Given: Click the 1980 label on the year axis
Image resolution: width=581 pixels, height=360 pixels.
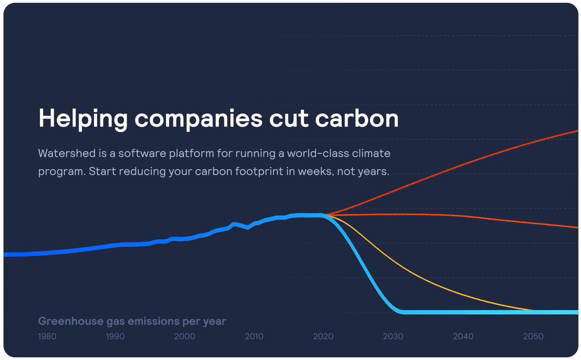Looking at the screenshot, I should pyautogui.click(x=47, y=336).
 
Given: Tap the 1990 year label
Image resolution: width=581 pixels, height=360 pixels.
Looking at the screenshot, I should pyautogui.click(x=115, y=336).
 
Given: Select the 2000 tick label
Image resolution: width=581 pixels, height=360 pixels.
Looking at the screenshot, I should pyautogui.click(x=184, y=336).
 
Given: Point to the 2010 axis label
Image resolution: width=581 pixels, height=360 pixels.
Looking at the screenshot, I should pyautogui.click(x=254, y=336).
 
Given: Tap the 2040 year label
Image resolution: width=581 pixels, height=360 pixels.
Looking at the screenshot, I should pyautogui.click(x=463, y=336).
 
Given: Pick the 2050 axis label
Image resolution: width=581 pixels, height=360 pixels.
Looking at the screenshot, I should pyautogui.click(x=533, y=336).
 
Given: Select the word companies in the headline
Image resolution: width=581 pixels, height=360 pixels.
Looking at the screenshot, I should pyautogui.click(x=198, y=119).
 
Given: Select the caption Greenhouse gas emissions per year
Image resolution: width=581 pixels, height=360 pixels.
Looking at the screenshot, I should pyautogui.click(x=132, y=321).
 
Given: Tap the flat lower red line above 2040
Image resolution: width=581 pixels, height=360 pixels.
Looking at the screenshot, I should pyautogui.click(x=463, y=216).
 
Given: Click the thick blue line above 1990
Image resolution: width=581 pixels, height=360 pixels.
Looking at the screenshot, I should pyautogui.click(x=115, y=244).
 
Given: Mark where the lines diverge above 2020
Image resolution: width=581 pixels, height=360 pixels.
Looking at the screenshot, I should pyautogui.click(x=326, y=215).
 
